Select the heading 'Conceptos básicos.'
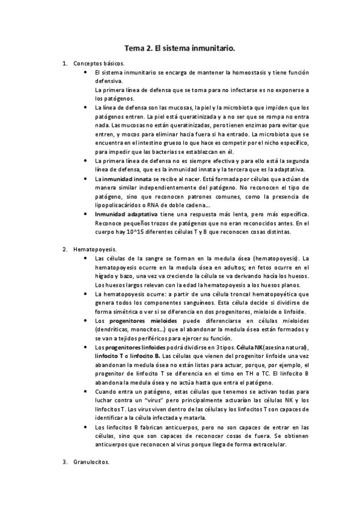click(x=99, y=63)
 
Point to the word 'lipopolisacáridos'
click(x=120, y=205)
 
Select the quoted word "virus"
click(x=170, y=400)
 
